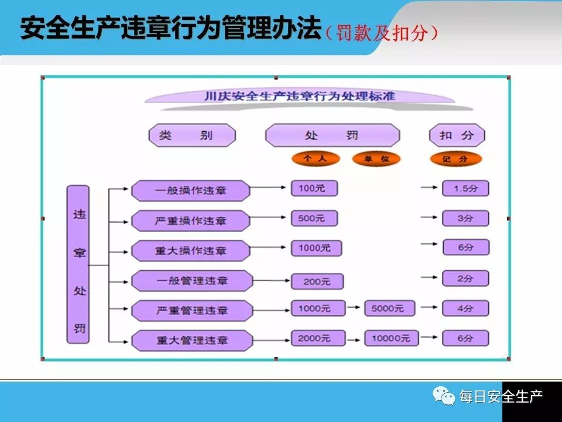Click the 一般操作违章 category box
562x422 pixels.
pos(190,190)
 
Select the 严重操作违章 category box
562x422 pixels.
pos(190,221)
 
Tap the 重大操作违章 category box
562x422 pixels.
pos(190,250)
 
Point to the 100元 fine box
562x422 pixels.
pos(314,188)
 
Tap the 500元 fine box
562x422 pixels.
pos(314,218)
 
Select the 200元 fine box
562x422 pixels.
pos(316,281)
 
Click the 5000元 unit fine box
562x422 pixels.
pos(389,308)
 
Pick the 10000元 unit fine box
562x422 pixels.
pos(391,338)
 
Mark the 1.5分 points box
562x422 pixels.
pos(465,188)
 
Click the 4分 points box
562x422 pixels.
pos(465,308)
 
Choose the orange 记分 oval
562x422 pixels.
pos(455,159)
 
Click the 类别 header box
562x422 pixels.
pos(192,135)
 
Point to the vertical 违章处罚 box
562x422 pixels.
pos(78,264)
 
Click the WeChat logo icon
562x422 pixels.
pos(444,396)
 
